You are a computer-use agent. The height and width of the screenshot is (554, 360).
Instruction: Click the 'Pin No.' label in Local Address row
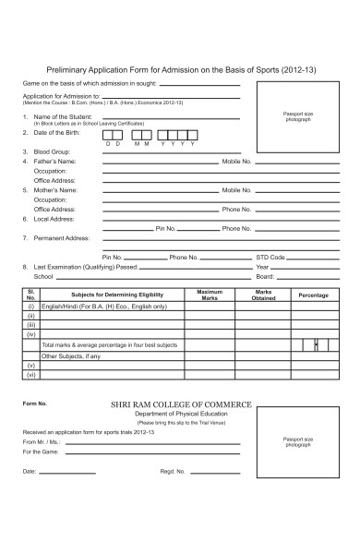(x=166, y=227)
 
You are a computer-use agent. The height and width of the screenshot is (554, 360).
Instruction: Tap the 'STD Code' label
(x=270, y=257)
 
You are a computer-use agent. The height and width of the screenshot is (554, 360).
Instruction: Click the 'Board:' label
(x=265, y=276)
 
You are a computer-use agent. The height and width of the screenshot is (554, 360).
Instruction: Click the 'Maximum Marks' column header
(x=210, y=295)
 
